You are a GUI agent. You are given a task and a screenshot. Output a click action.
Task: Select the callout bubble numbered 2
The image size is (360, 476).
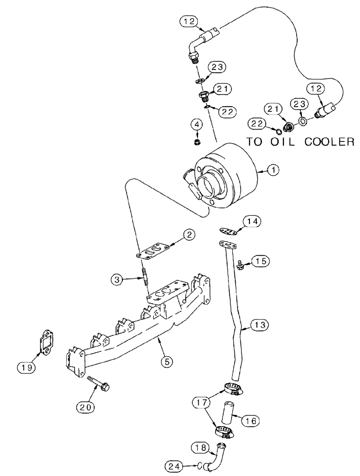click(x=189, y=234)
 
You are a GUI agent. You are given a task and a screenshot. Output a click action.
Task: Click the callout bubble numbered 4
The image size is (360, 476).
click(x=196, y=125)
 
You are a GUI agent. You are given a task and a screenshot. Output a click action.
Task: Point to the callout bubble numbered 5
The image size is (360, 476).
click(x=167, y=362)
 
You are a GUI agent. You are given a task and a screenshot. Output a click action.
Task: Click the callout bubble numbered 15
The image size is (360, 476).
click(x=261, y=260)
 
